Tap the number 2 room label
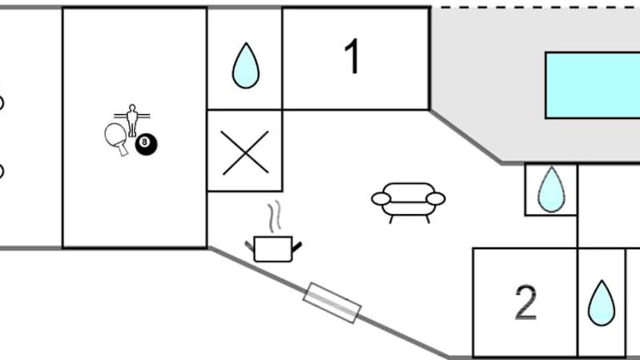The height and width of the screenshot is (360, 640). click(526, 303)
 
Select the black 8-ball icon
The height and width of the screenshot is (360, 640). click(147, 143)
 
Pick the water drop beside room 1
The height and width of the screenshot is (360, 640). click(244, 66)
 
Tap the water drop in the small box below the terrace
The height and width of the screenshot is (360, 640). click(550, 189)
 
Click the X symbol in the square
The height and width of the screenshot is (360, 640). click(245, 152)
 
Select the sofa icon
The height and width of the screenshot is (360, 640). click(407, 201)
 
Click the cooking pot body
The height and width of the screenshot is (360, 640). click(272, 248)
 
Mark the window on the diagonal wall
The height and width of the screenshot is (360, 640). click(332, 302)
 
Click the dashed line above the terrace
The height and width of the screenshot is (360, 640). click(533, 7)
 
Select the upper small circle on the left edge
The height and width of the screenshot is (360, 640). click(1, 103)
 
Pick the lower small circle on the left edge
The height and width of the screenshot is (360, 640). click(1, 172)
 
